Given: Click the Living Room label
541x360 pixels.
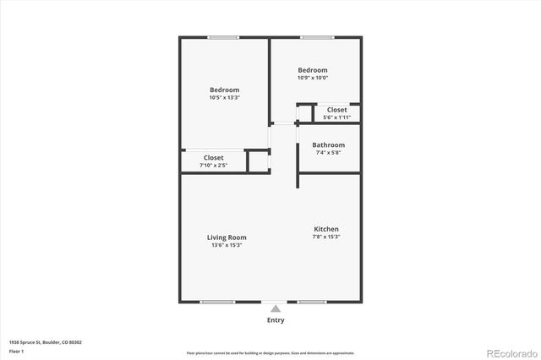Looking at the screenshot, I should point(227,237).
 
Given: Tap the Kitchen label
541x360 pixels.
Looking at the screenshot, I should point(326,229).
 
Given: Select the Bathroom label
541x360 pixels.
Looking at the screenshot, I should point(328,145).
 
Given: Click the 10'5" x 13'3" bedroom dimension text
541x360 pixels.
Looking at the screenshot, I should point(224,98).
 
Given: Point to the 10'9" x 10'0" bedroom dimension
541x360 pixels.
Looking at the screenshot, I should point(312,78).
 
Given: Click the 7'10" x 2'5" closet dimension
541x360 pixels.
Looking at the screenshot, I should point(213,165).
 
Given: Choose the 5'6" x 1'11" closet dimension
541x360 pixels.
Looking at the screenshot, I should point(336,117).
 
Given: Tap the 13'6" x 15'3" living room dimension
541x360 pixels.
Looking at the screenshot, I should point(227,246).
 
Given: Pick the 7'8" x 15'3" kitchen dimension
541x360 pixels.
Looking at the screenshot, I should point(326,237).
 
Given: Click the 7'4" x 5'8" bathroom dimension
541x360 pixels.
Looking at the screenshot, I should point(328,153).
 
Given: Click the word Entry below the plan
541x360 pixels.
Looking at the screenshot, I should point(276,320).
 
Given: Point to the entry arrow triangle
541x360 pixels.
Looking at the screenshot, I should point(276,309).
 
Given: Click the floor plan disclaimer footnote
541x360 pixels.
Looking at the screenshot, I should point(270,352).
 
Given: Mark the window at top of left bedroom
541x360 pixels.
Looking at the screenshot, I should point(223,36).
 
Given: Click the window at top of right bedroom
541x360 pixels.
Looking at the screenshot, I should point(315,36).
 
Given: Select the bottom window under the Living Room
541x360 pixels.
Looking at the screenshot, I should point(216,302).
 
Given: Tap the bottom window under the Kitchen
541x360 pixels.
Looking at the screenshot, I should point(311,302).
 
